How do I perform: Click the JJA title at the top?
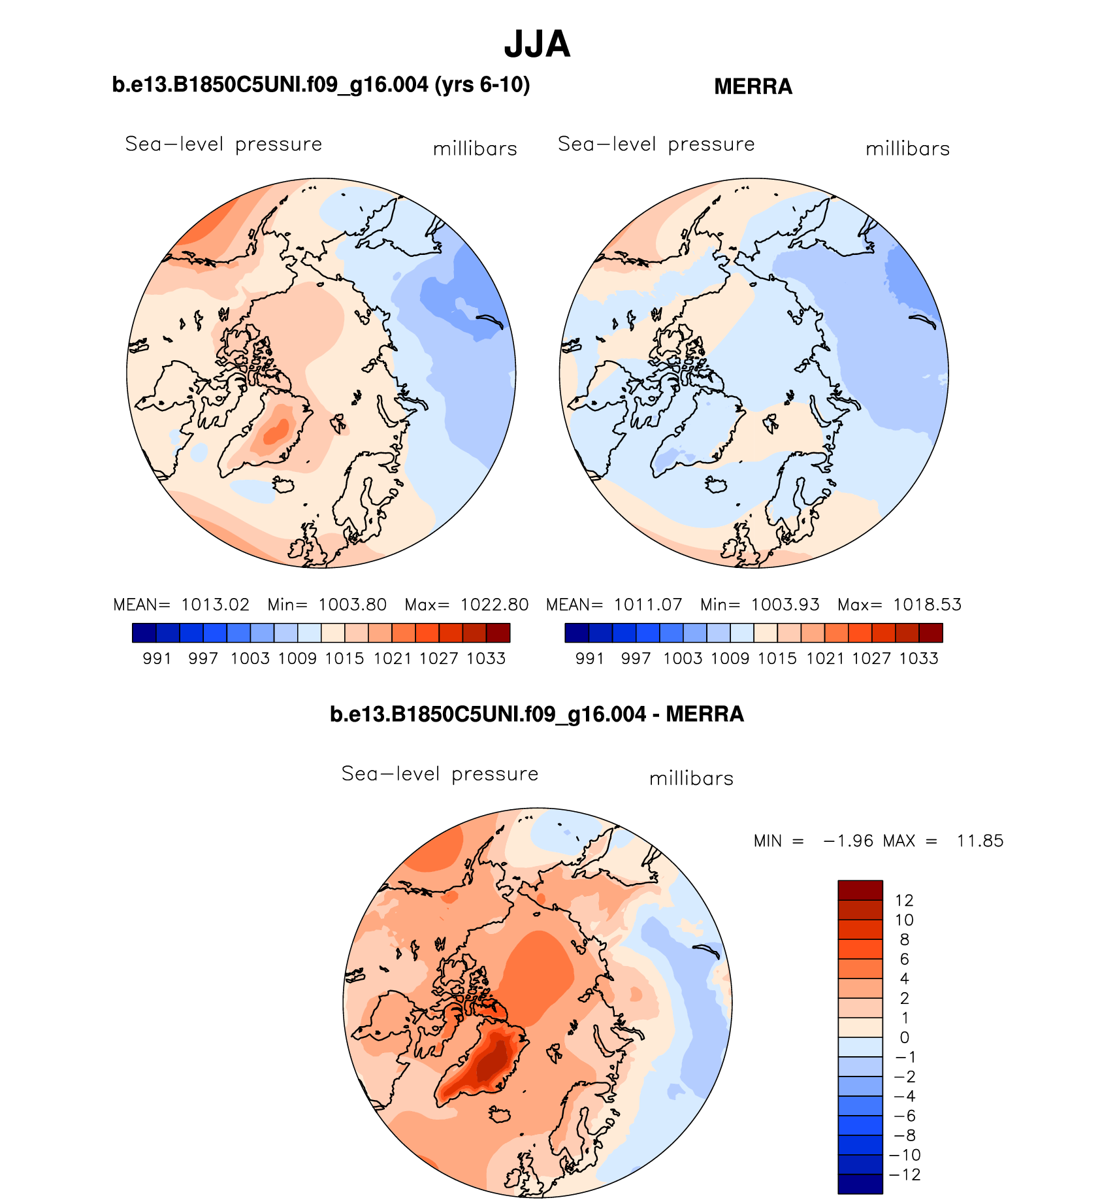click(537, 44)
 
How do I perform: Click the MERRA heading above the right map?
click(753, 86)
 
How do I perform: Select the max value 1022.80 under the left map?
click(494, 605)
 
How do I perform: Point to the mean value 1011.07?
click(647, 605)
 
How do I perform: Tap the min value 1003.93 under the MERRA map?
click(785, 605)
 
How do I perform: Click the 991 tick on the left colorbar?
click(157, 658)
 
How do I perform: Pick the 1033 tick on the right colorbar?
click(918, 658)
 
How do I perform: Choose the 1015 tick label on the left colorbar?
click(344, 658)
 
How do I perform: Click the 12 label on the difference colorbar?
click(904, 900)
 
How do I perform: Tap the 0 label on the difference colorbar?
click(904, 1037)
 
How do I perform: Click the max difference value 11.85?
click(980, 841)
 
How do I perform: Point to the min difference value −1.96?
click(848, 841)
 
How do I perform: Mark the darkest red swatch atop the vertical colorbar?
click(860, 890)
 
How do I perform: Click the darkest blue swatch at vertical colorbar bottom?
click(860, 1184)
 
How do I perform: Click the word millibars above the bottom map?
click(691, 778)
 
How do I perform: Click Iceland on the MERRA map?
click(717, 485)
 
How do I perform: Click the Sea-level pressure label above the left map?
click(223, 144)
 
